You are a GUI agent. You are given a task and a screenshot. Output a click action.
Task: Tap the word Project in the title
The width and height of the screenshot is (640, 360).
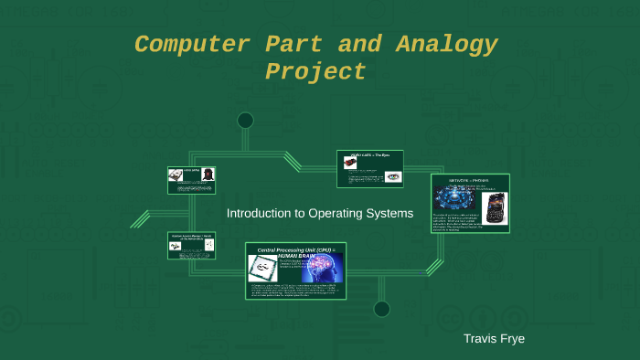point(315,72)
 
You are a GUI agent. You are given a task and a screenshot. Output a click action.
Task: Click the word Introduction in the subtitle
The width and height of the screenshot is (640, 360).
point(261,213)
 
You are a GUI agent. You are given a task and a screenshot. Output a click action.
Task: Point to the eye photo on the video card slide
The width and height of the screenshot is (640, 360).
point(392,176)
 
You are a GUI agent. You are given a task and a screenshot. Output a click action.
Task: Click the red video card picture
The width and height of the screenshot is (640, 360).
point(350,163)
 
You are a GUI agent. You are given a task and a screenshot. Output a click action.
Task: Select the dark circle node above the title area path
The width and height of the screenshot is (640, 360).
point(245,120)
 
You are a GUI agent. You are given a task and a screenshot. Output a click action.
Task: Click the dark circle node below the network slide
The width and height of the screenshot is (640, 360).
point(382,308)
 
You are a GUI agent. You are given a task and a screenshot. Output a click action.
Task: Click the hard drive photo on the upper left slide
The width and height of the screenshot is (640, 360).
point(174,174)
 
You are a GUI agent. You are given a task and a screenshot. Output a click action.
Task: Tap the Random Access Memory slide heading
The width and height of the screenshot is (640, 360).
point(190,237)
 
